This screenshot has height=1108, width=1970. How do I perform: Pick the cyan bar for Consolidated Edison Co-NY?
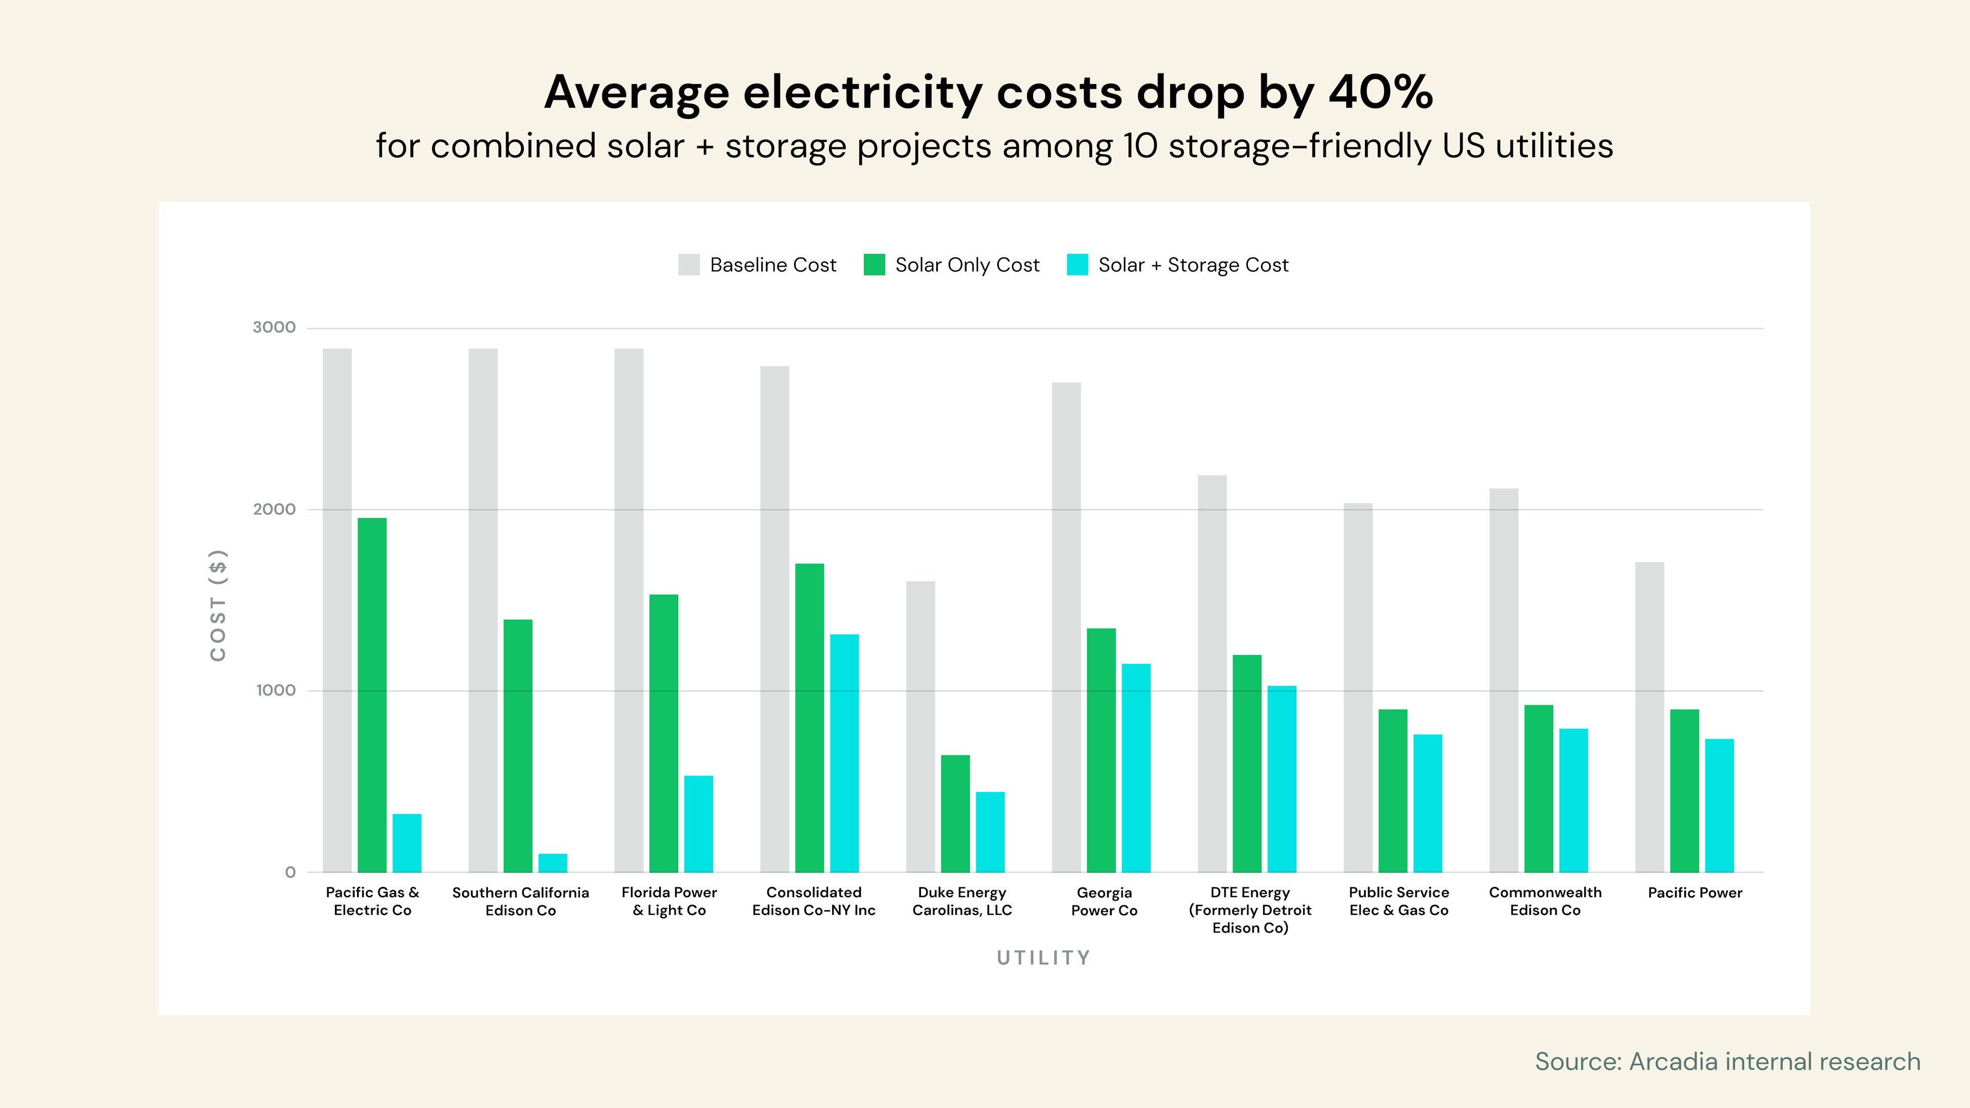click(x=844, y=753)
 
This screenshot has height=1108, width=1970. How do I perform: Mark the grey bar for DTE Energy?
click(x=1212, y=673)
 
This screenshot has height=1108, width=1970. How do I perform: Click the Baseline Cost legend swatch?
click(x=688, y=265)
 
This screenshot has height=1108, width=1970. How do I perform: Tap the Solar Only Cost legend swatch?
click(x=874, y=265)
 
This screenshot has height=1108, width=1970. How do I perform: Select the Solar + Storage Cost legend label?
click(x=1193, y=265)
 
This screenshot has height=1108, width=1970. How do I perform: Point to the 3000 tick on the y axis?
click(x=274, y=327)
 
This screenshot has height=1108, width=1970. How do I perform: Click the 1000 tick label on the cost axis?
click(x=275, y=690)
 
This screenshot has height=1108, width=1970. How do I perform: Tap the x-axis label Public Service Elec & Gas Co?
click(x=1398, y=901)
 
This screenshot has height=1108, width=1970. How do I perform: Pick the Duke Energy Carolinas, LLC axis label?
click(x=962, y=901)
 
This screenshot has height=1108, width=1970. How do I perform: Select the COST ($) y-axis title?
click(x=218, y=605)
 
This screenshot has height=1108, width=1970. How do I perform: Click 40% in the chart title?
click(x=1381, y=92)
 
